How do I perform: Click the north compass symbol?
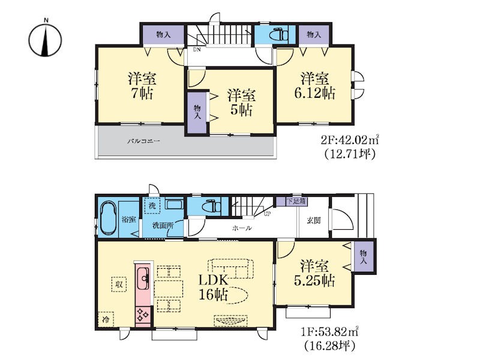click(x=46, y=40)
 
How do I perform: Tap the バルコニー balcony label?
click(x=143, y=142)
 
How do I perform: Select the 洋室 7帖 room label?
click(x=142, y=86)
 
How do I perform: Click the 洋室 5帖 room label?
click(x=241, y=103)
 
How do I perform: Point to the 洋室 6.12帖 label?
click(x=314, y=86)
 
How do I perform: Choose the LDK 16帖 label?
click(x=214, y=287)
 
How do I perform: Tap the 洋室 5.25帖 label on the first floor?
click(x=314, y=274)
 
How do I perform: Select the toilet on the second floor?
click(x=278, y=35)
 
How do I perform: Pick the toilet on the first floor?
click(x=211, y=205)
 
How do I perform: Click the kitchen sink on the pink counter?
click(x=143, y=278)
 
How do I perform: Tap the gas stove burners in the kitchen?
click(x=143, y=315)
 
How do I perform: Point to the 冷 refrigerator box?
click(x=106, y=319)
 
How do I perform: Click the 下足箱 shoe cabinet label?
click(x=296, y=202)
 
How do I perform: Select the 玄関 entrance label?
click(x=313, y=220)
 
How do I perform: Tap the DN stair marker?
click(x=197, y=49)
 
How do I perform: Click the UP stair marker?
click(x=267, y=214)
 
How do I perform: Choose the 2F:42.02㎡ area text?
click(x=350, y=140)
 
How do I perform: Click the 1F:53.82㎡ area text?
click(x=329, y=331)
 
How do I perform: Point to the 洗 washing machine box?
click(x=152, y=206)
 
